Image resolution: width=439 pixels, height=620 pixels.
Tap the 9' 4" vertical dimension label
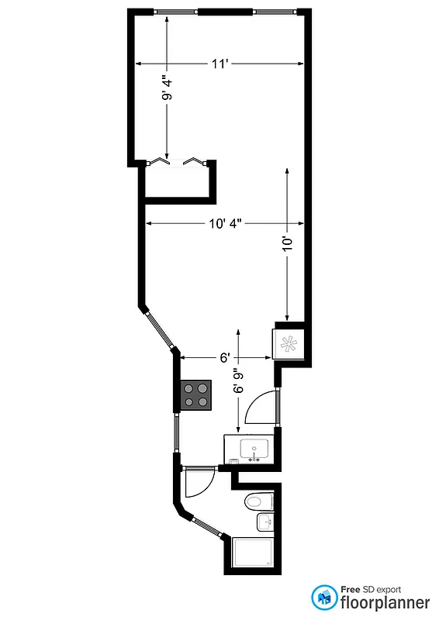pos(167,87)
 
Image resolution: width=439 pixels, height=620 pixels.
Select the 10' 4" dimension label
pos(225,224)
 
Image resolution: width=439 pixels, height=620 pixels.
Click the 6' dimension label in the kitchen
pos(224,358)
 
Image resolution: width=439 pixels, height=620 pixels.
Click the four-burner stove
pos(195,394)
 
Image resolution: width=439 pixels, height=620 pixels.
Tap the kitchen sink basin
pos(254,448)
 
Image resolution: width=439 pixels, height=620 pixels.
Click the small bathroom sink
pos(265,522)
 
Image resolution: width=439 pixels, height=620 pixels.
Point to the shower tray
pos(252,553)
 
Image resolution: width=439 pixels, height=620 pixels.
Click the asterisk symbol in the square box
pos(290,344)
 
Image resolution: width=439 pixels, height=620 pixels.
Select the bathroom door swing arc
pos(195,484)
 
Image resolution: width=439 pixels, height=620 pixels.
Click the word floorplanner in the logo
pos(385,601)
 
